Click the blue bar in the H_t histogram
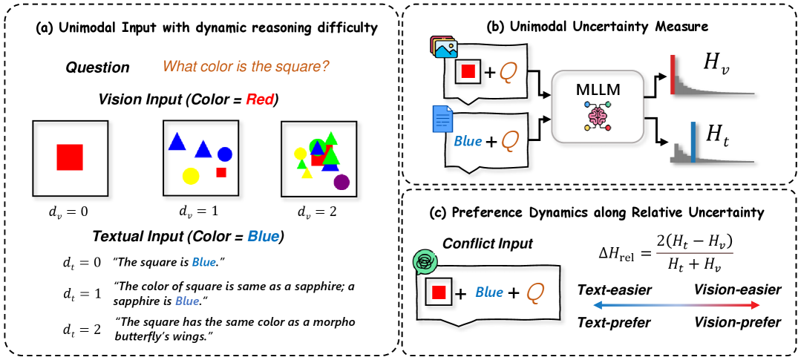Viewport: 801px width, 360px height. [x=693, y=142]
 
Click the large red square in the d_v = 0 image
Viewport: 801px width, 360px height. [x=69, y=157]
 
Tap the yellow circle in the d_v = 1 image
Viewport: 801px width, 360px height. [x=189, y=177]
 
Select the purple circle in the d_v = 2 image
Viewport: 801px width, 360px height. [x=341, y=181]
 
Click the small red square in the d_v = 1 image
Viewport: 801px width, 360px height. [x=220, y=172]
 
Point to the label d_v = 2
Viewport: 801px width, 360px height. [x=317, y=212]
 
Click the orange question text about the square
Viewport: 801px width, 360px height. [x=246, y=67]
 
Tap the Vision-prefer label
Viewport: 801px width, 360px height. [x=737, y=322]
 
